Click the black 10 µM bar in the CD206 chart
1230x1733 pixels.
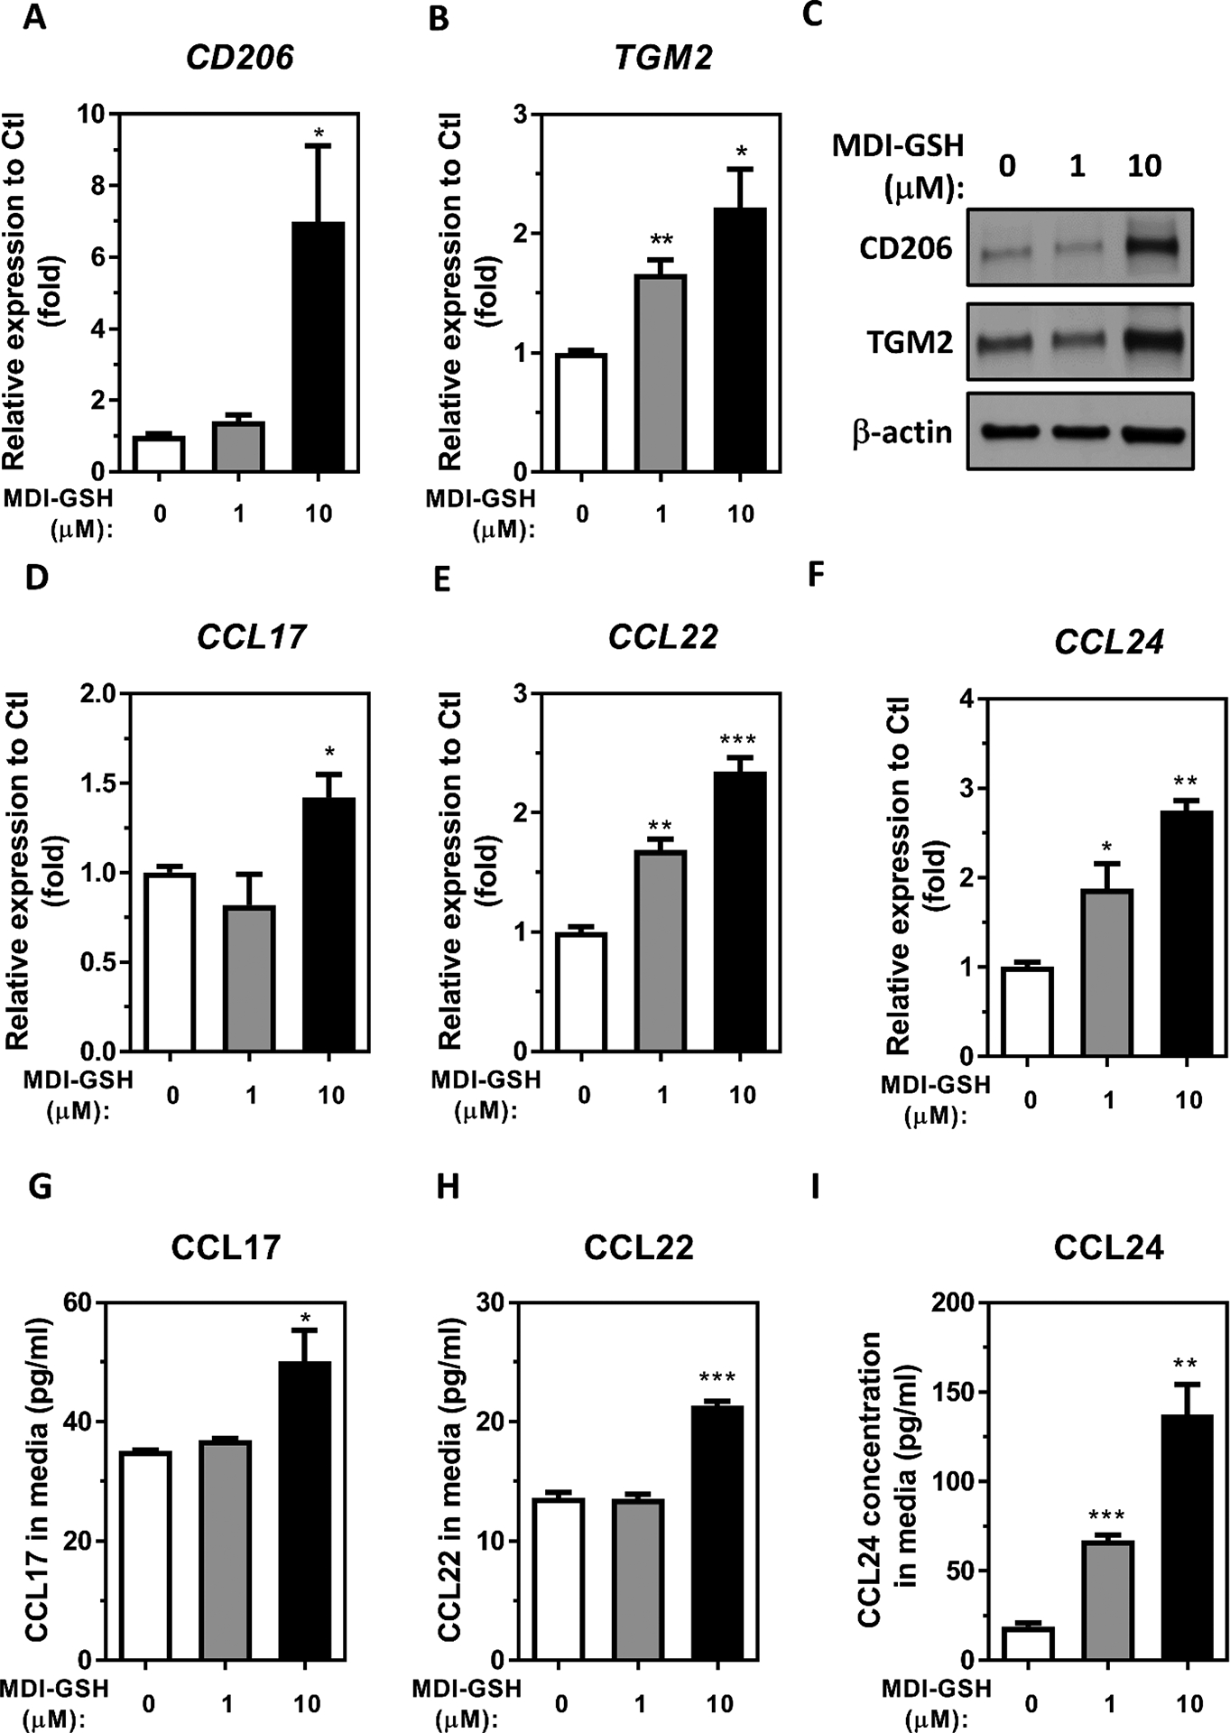pyautogui.click(x=319, y=347)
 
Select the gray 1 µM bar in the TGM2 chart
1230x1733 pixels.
pyautogui.click(x=661, y=373)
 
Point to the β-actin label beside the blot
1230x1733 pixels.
pyautogui.click(x=902, y=433)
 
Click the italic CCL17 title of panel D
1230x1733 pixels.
pyautogui.click(x=251, y=637)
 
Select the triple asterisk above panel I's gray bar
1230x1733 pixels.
pyautogui.click(x=1106, y=1515)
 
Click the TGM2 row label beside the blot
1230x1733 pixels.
pyautogui.click(x=910, y=343)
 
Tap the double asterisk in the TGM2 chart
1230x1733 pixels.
pyautogui.click(x=661, y=240)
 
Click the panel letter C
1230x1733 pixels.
pyautogui.click(x=812, y=15)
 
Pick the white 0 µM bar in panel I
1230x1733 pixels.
pyautogui.click(x=1028, y=1643)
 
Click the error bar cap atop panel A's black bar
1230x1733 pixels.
pyautogui.click(x=319, y=145)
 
